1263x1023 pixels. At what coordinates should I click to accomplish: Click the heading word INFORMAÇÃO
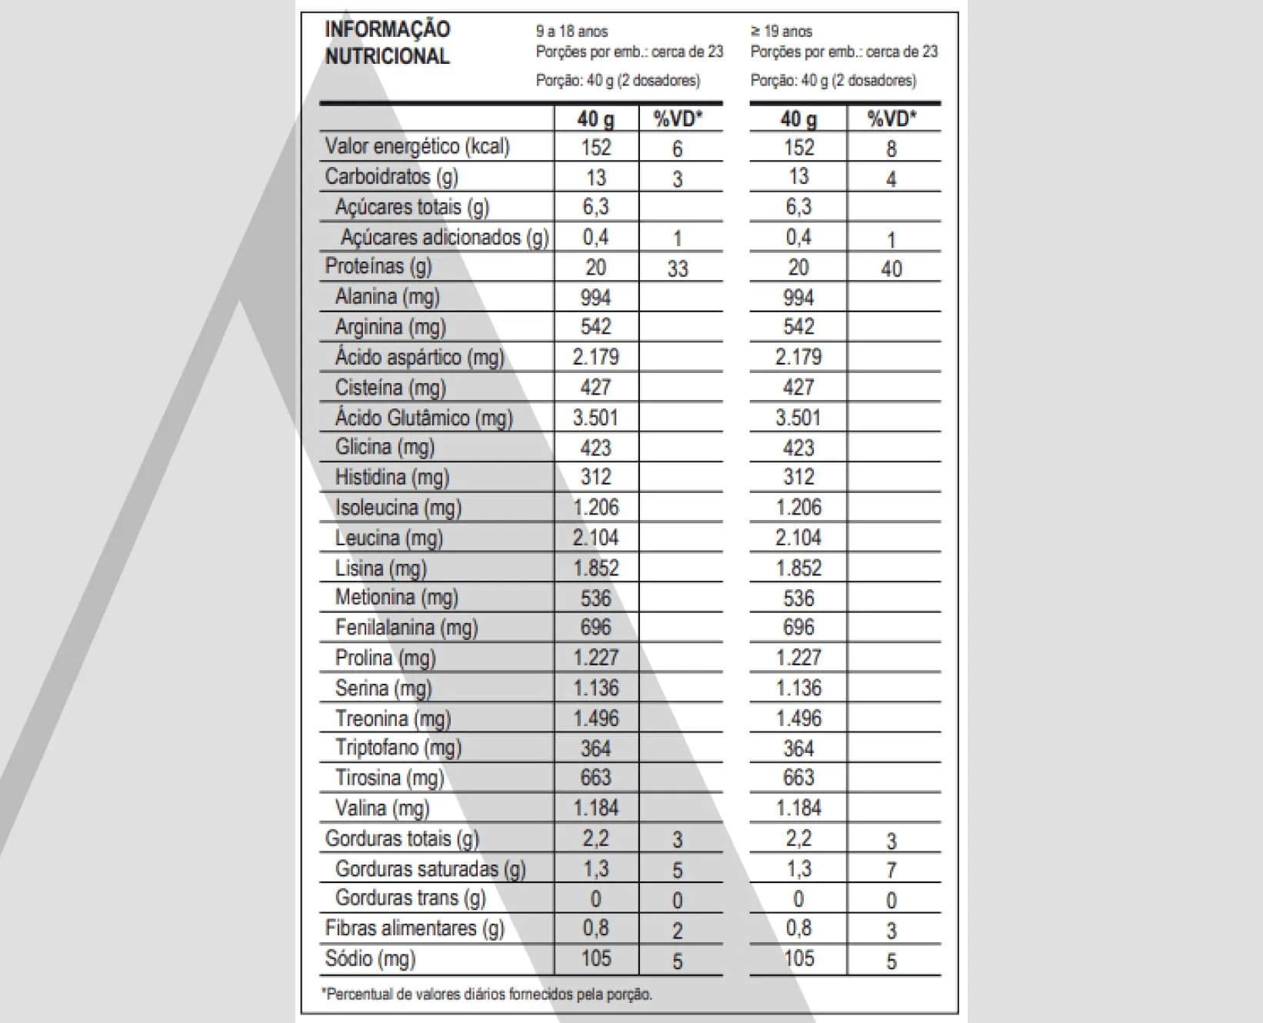pyautogui.click(x=387, y=30)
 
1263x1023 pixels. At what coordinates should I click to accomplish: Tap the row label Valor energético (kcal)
pyautogui.click(x=417, y=147)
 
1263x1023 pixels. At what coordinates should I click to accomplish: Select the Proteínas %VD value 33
pyautogui.click(x=677, y=268)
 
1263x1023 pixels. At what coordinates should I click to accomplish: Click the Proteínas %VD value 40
pyautogui.click(x=891, y=268)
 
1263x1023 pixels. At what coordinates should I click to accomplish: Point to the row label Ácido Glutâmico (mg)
pyautogui.click(x=423, y=418)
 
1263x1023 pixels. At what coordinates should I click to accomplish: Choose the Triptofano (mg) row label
pyautogui.click(x=398, y=748)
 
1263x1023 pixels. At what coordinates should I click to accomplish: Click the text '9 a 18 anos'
pyautogui.click(x=572, y=32)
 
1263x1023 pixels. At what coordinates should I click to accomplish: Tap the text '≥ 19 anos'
pyautogui.click(x=781, y=32)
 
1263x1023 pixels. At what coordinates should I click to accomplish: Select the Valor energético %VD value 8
pyautogui.click(x=891, y=148)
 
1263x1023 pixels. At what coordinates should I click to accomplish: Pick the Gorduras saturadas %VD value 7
pyautogui.click(x=891, y=870)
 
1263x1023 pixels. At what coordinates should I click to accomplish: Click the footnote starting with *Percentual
pyautogui.click(x=486, y=995)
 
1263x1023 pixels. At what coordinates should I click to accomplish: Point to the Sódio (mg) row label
pyautogui.click(x=370, y=959)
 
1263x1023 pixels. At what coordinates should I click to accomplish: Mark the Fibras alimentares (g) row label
pyautogui.click(x=414, y=928)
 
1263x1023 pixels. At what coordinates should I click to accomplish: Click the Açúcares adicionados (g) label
pyautogui.click(x=444, y=238)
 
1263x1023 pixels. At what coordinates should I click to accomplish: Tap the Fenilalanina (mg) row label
pyautogui.click(x=406, y=628)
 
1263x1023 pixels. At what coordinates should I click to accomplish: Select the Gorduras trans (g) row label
pyautogui.click(x=410, y=898)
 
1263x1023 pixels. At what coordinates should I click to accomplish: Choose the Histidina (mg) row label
pyautogui.click(x=392, y=478)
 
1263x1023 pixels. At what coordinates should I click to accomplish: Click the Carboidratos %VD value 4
pyautogui.click(x=891, y=179)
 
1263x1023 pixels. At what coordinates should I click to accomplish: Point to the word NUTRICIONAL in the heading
pyautogui.click(x=387, y=56)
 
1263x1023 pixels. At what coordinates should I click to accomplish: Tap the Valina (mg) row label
pyautogui.click(x=382, y=808)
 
